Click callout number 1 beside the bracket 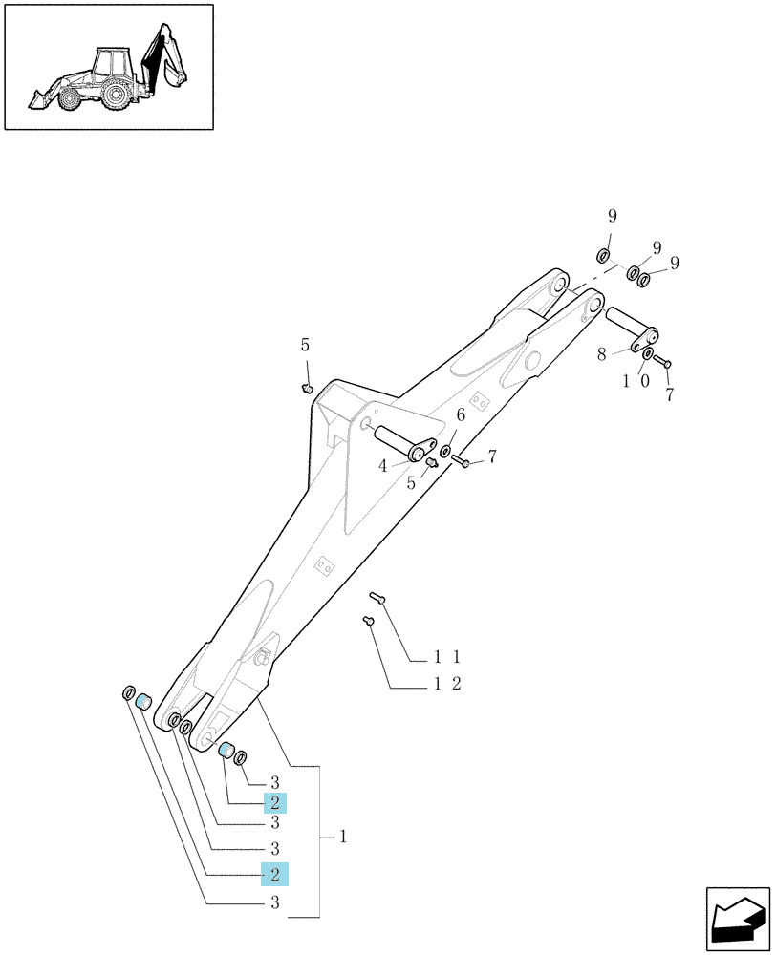343,837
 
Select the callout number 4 383,467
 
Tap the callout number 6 461,415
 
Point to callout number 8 602,354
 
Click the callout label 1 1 447,657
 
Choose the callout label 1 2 447,684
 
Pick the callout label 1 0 636,381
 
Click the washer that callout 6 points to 445,452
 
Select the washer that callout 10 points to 648,354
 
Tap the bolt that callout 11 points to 377,598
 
